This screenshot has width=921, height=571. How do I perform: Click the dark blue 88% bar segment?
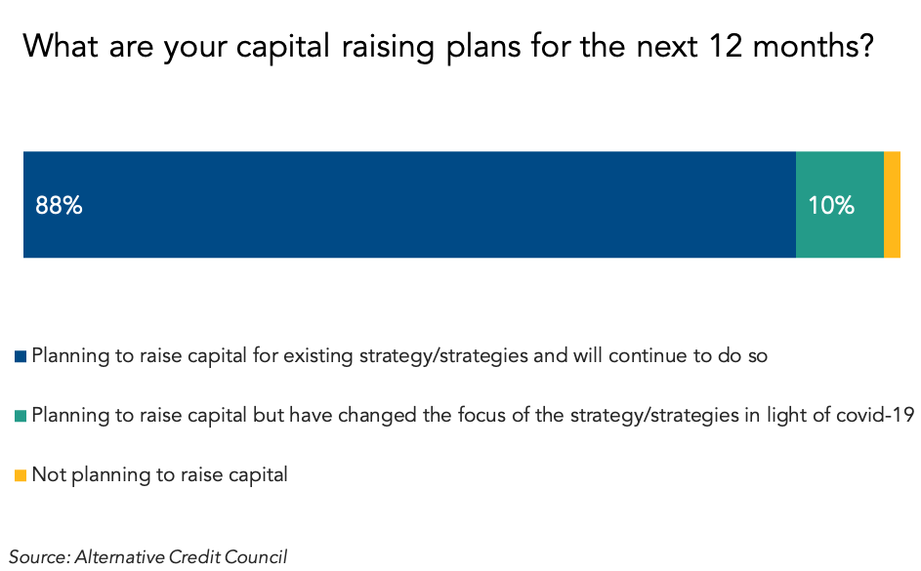click(x=409, y=204)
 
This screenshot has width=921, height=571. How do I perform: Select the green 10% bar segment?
click(x=840, y=204)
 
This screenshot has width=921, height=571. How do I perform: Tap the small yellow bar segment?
click(x=893, y=204)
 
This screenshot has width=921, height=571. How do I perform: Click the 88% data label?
click(x=59, y=205)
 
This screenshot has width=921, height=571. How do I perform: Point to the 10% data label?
click(x=831, y=205)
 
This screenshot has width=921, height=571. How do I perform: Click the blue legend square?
click(x=21, y=356)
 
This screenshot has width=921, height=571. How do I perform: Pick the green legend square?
click(x=21, y=416)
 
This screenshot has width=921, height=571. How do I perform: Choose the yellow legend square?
click(x=21, y=475)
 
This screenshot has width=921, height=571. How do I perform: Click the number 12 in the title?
click(x=726, y=46)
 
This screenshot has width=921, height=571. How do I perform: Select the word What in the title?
click(x=60, y=46)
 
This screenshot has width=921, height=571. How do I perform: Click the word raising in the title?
click(x=388, y=47)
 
